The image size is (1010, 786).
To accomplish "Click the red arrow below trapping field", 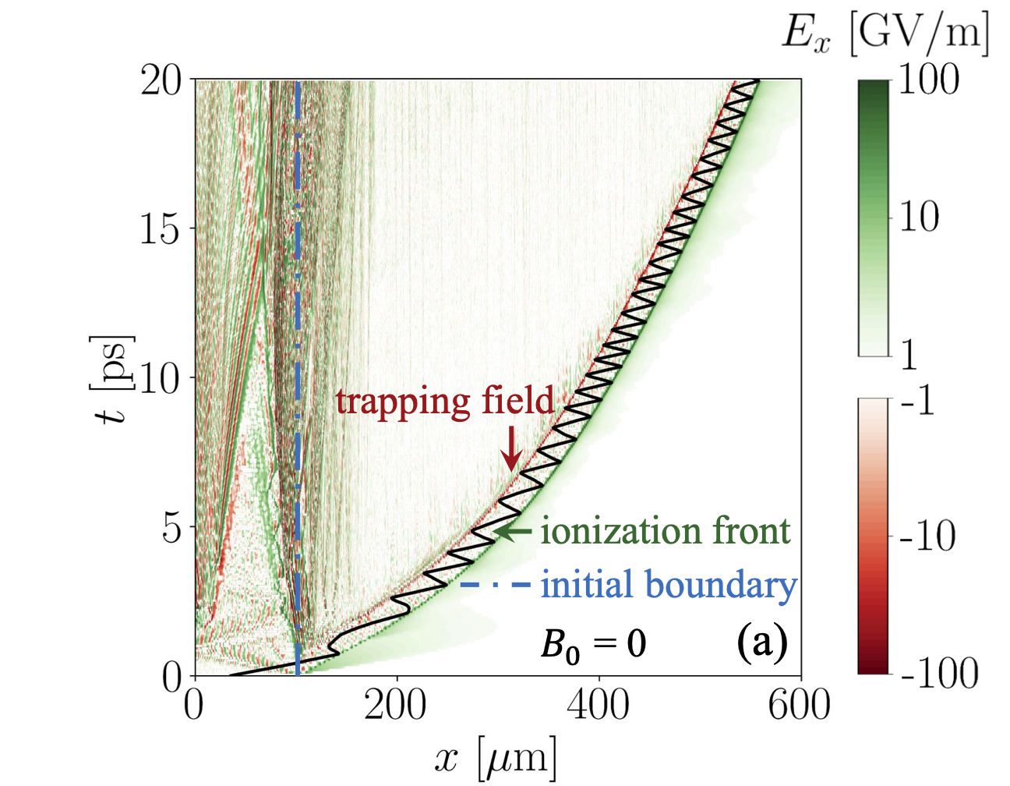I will [x=511, y=448].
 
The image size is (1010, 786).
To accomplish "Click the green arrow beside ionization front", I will [x=514, y=532].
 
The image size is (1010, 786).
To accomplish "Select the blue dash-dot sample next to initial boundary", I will [x=496, y=584].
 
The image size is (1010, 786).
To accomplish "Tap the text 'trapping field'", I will [x=445, y=401].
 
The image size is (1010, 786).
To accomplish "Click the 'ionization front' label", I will [x=666, y=531].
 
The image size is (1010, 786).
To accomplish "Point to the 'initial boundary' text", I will [x=669, y=584].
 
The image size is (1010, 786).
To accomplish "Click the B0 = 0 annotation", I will [x=593, y=645].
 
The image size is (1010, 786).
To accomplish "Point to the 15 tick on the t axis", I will [x=161, y=228].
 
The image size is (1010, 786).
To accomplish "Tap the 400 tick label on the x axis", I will [x=598, y=706].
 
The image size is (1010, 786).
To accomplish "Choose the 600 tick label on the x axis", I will [x=799, y=706].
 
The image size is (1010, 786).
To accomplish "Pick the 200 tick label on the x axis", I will [x=396, y=706].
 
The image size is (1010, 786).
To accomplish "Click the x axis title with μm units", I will [x=496, y=756].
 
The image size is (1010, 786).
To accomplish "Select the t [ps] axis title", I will [x=114, y=378].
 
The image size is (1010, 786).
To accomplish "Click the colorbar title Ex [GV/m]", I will [x=885, y=34].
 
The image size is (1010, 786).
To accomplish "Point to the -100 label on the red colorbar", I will [x=939, y=672].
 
